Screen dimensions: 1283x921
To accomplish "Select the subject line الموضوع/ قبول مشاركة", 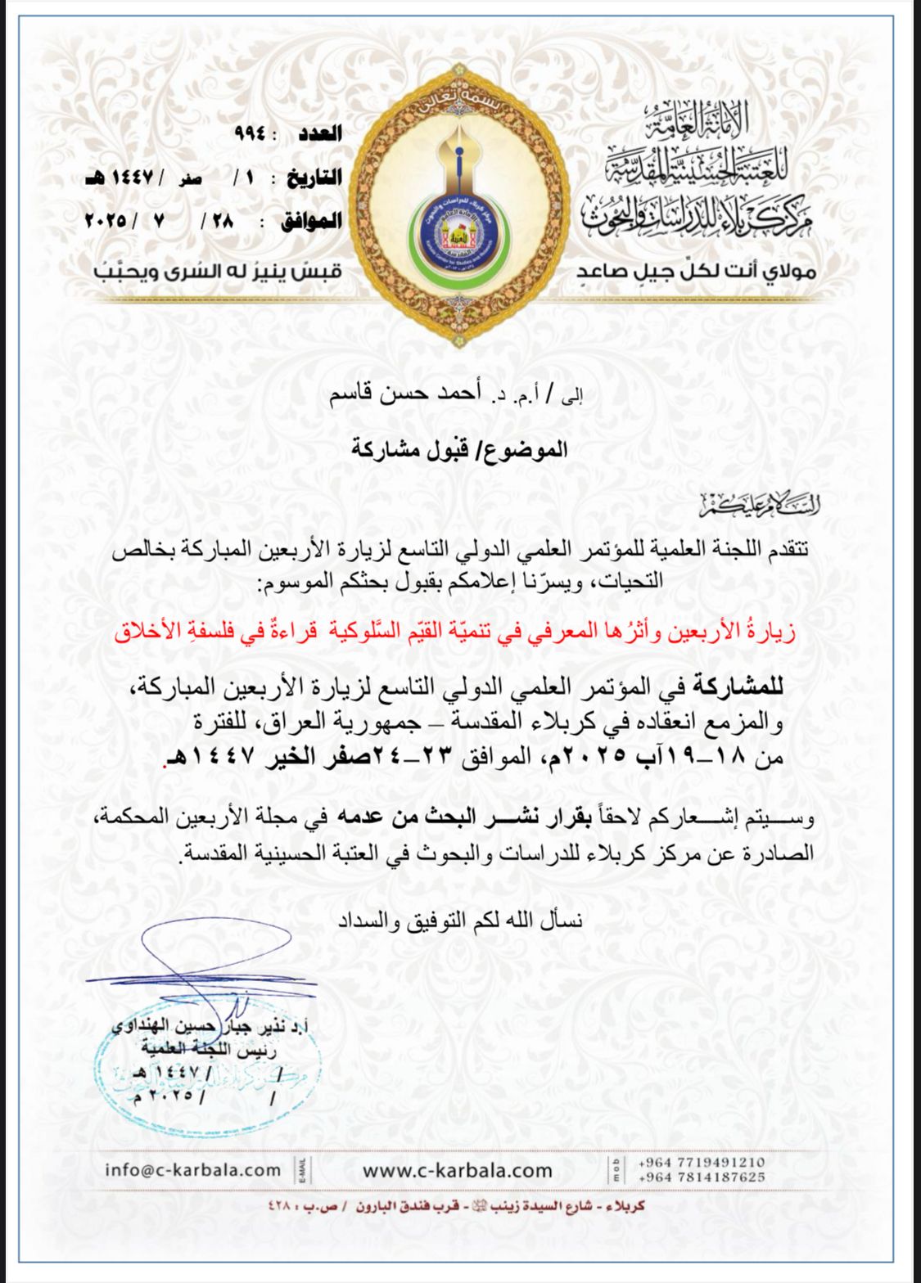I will [459, 448].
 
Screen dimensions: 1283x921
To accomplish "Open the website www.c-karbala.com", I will [458, 1171].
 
